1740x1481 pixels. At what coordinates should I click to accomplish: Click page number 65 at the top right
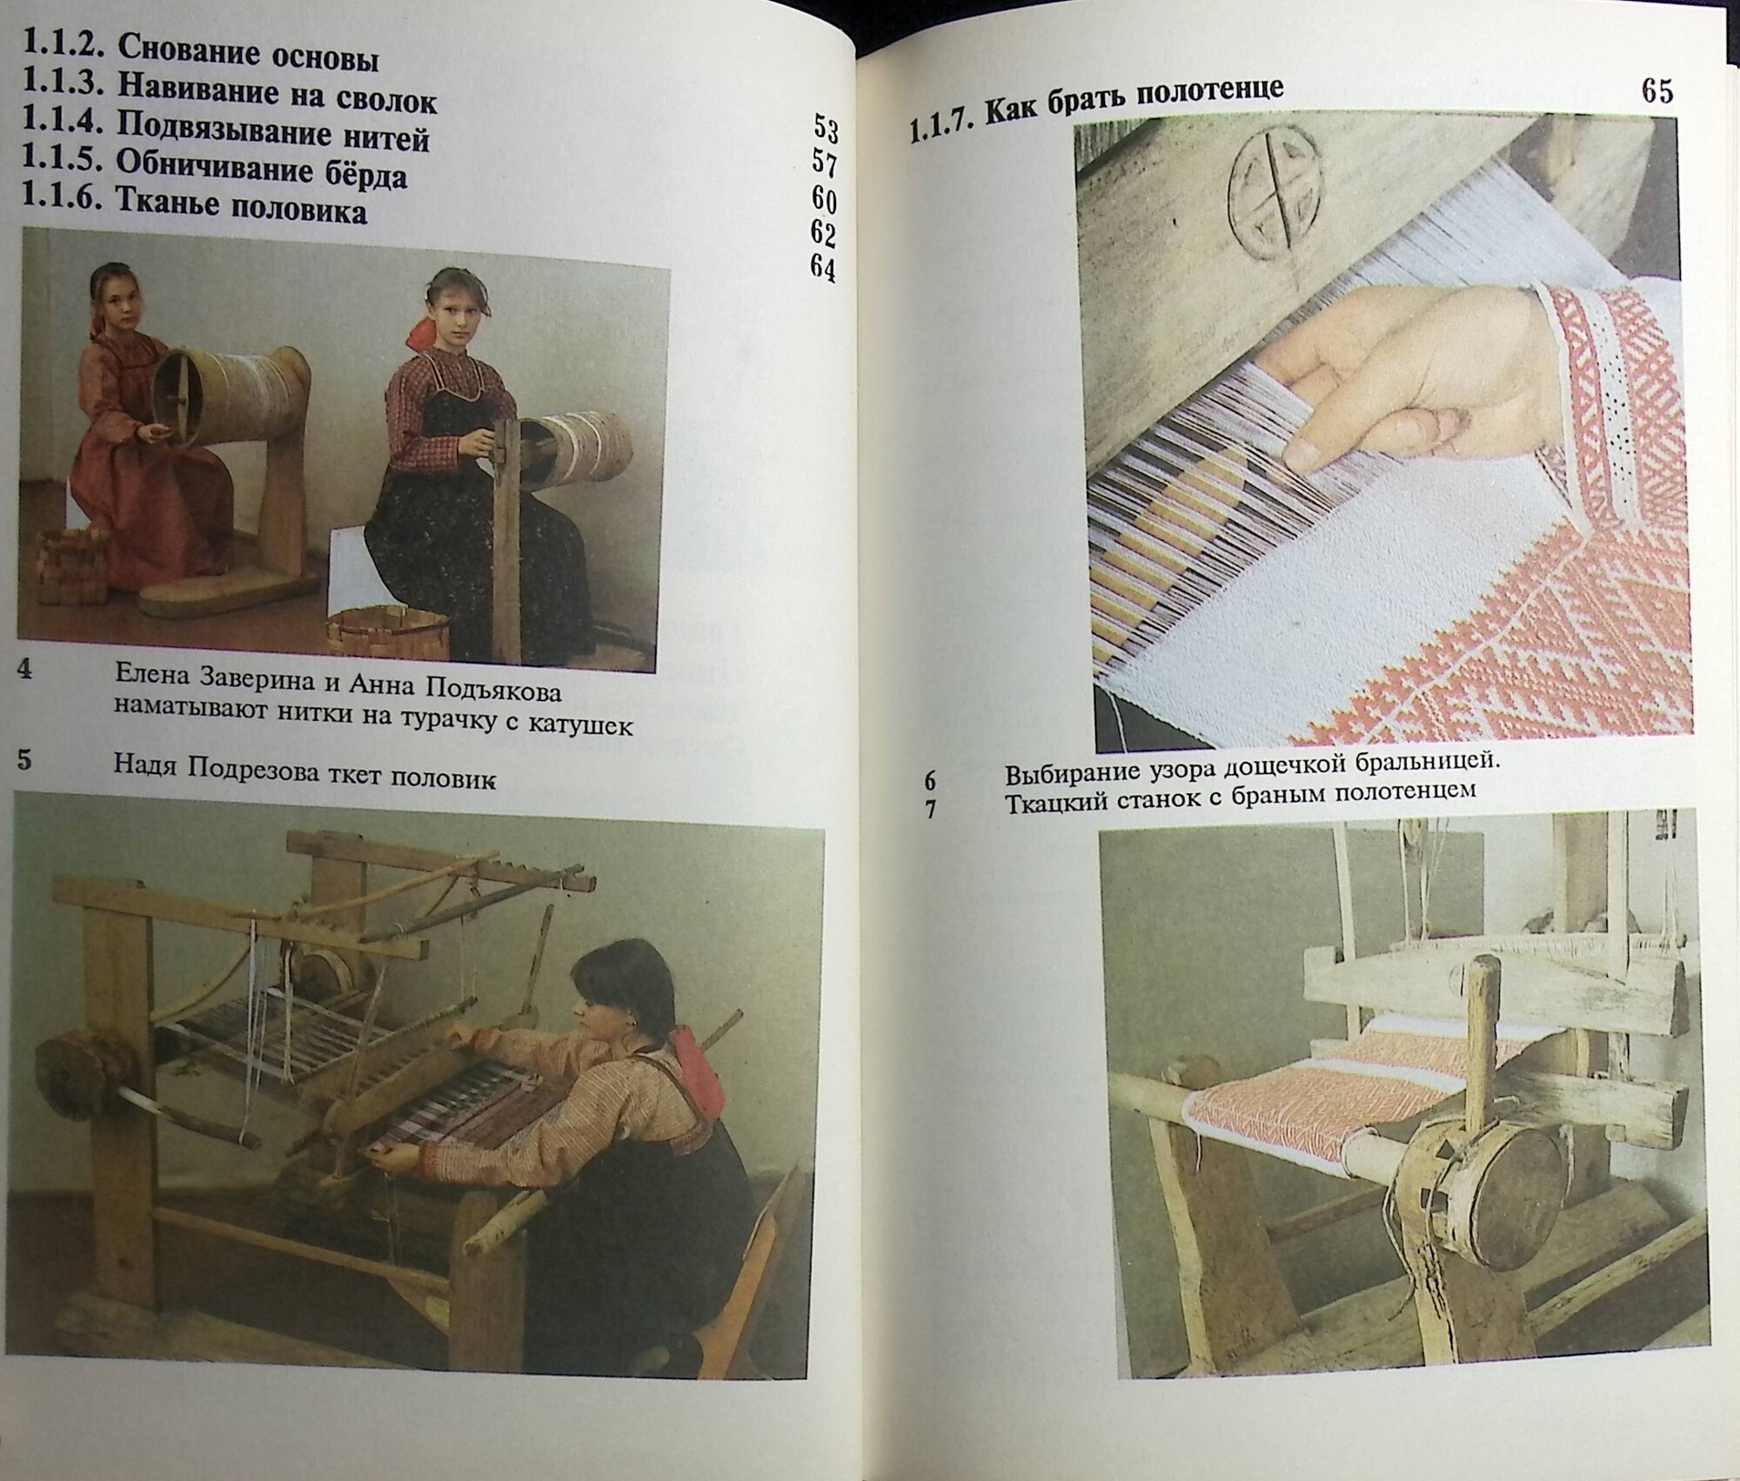[x=1657, y=90]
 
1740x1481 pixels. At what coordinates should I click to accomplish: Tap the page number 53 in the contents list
[x=826, y=129]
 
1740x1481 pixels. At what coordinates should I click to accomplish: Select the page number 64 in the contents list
[x=823, y=266]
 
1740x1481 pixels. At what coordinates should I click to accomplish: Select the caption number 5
[x=24, y=760]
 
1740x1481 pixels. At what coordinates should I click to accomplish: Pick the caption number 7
[x=931, y=810]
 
